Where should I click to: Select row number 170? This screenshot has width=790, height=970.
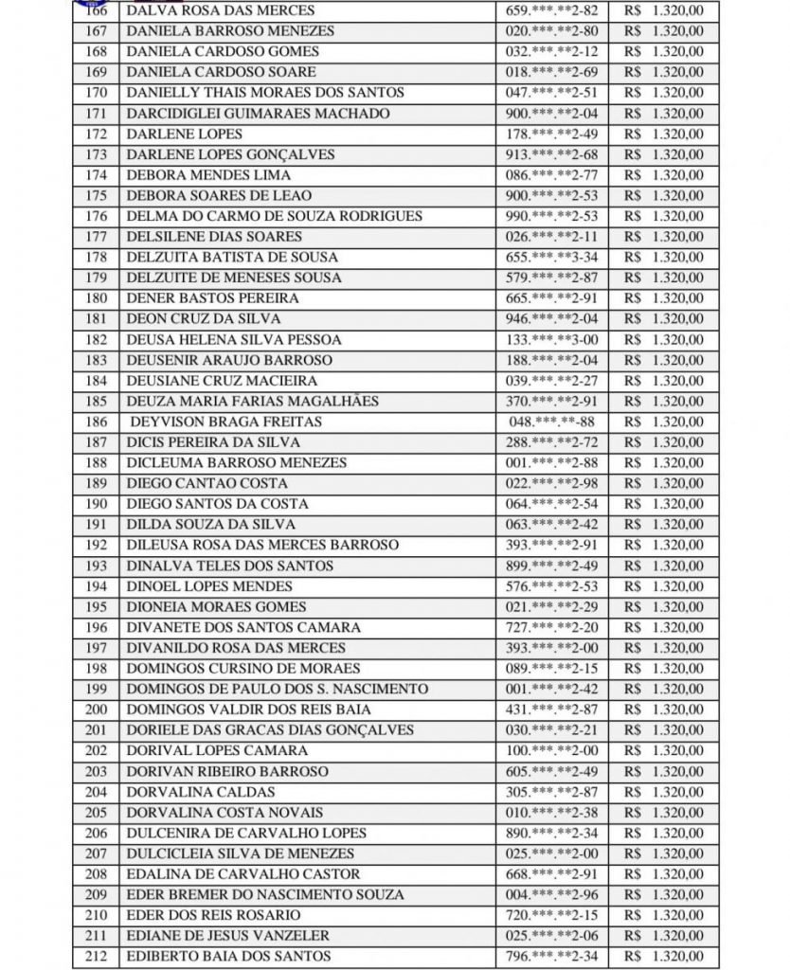click(96, 93)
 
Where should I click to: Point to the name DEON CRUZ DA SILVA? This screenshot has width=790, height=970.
click(191, 319)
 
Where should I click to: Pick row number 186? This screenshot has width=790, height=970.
click(96, 422)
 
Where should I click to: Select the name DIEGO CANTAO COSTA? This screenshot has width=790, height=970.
click(194, 483)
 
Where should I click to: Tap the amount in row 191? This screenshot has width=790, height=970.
click(664, 525)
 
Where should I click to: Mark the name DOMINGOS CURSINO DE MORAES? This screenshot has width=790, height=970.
click(231, 669)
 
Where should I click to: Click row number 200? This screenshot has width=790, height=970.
click(96, 710)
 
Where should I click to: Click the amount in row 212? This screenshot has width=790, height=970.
click(664, 957)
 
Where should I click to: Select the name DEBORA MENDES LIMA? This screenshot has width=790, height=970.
click(207, 175)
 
